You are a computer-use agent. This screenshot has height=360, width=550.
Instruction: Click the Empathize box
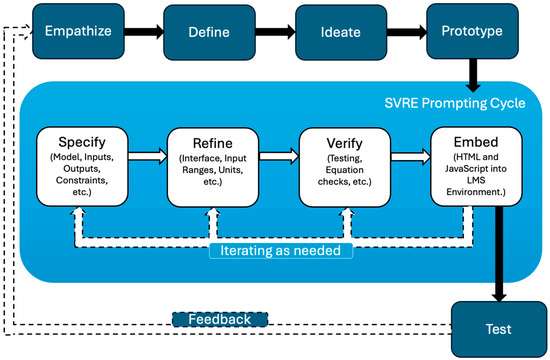point(78,31)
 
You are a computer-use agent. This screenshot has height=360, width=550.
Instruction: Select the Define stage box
point(209,32)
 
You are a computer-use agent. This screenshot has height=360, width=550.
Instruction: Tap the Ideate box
point(341,32)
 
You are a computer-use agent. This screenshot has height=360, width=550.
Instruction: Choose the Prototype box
point(472,31)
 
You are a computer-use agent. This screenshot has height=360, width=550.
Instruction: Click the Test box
point(498,329)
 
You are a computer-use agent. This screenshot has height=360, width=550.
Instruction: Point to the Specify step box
point(82,166)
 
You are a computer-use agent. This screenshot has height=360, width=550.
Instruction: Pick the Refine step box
point(213,167)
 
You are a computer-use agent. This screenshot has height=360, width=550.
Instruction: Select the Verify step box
point(344,167)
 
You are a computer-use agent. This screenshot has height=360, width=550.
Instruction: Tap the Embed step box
point(476,166)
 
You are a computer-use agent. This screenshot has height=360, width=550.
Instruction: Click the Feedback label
point(220,319)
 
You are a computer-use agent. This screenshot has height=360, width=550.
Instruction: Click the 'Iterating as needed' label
point(281,251)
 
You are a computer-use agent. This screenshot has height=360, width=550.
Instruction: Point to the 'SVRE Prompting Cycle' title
point(455,103)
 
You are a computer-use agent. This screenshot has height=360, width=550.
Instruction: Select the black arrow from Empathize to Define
point(144,32)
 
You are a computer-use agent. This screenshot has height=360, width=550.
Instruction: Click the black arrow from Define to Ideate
point(275,32)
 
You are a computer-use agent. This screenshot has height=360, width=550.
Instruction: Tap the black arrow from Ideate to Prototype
point(407,32)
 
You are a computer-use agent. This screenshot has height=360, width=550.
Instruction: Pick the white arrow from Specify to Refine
point(148,156)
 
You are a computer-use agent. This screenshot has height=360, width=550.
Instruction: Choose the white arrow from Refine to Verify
point(279,156)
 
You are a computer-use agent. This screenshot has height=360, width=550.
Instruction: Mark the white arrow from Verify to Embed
point(410,156)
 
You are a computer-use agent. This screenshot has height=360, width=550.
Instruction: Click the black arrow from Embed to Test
point(499,254)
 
